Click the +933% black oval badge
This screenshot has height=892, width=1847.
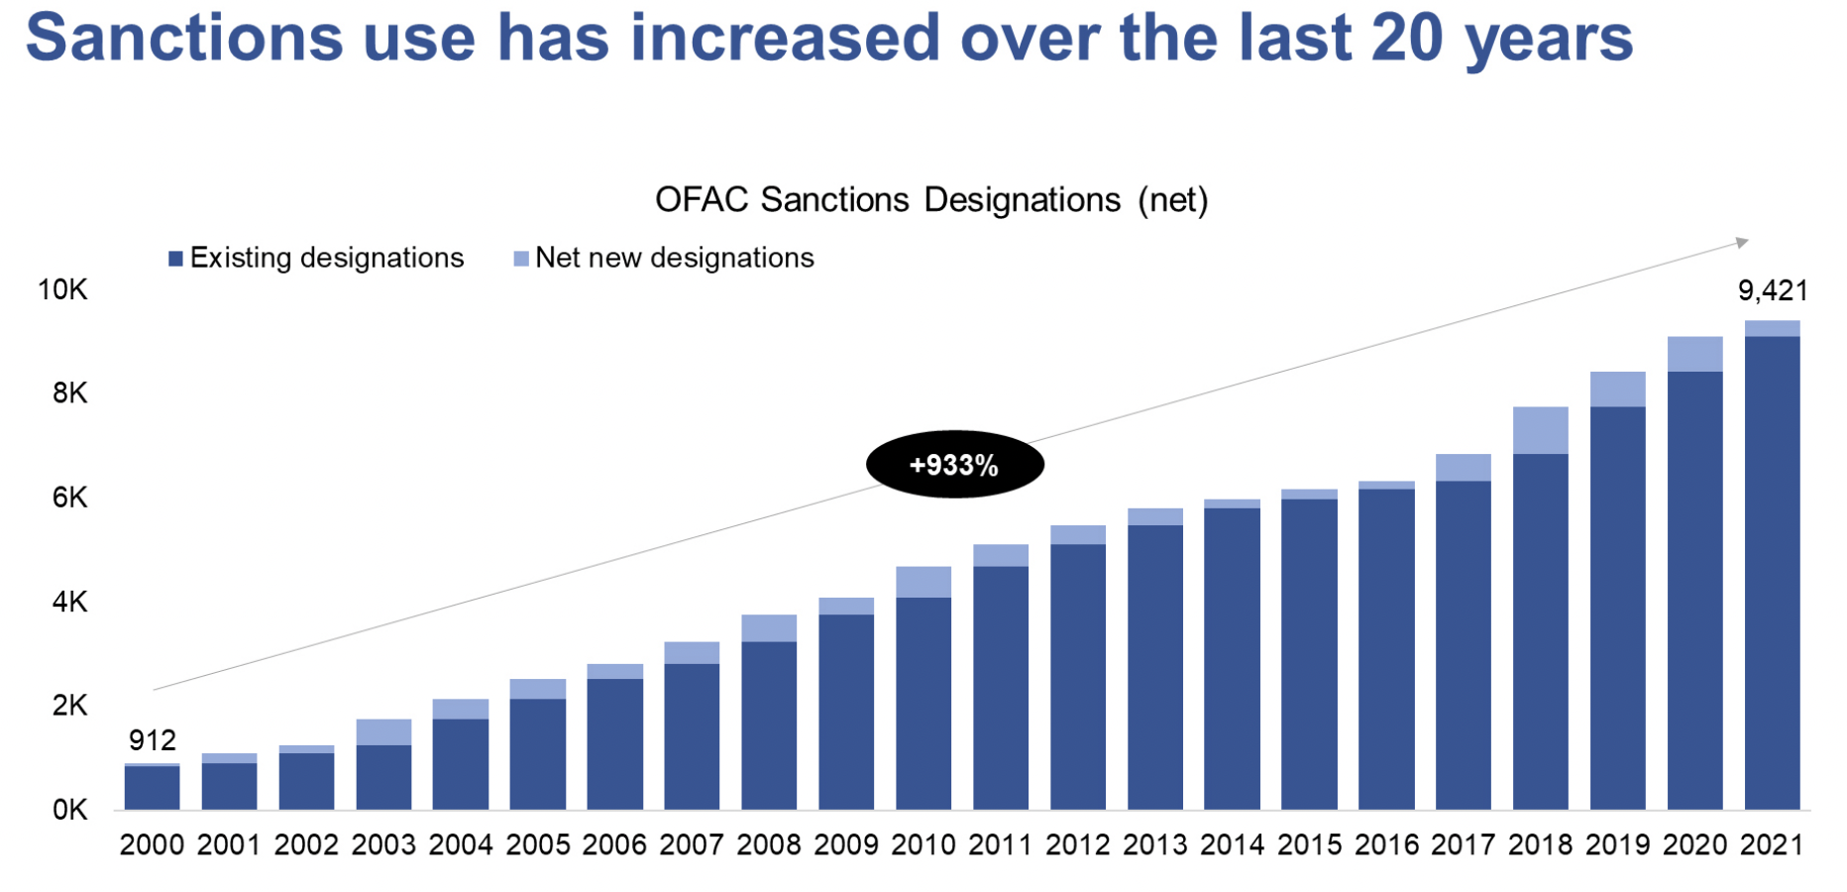tap(954, 465)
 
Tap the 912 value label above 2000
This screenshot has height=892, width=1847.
tap(153, 740)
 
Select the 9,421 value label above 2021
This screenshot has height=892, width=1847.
tap(1773, 290)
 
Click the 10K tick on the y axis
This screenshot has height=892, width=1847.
tap(62, 289)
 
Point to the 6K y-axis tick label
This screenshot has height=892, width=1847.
tap(69, 498)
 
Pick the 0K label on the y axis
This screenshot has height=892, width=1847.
tap(69, 810)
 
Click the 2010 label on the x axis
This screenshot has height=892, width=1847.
tap(923, 845)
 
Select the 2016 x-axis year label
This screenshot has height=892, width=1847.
tap(1386, 845)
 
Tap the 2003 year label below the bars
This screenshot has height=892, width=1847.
tap(383, 845)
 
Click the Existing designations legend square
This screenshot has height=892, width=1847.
tap(175, 259)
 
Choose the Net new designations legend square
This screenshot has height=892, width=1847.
tap(521, 259)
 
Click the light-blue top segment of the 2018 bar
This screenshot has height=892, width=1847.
tap(1541, 430)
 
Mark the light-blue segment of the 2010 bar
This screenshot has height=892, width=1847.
tap(923, 582)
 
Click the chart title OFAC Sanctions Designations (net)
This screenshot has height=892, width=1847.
tap(931, 200)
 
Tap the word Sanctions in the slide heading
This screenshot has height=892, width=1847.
tap(184, 38)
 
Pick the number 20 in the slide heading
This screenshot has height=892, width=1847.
tap(1406, 38)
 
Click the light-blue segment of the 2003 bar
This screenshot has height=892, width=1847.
tap(383, 731)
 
